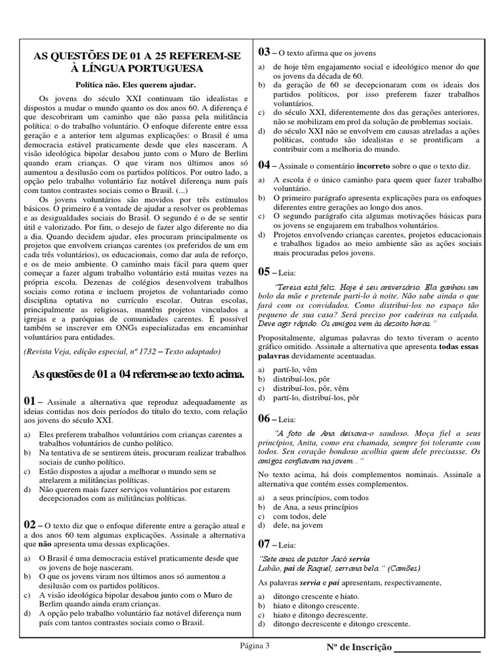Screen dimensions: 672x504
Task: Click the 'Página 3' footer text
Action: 254,646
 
